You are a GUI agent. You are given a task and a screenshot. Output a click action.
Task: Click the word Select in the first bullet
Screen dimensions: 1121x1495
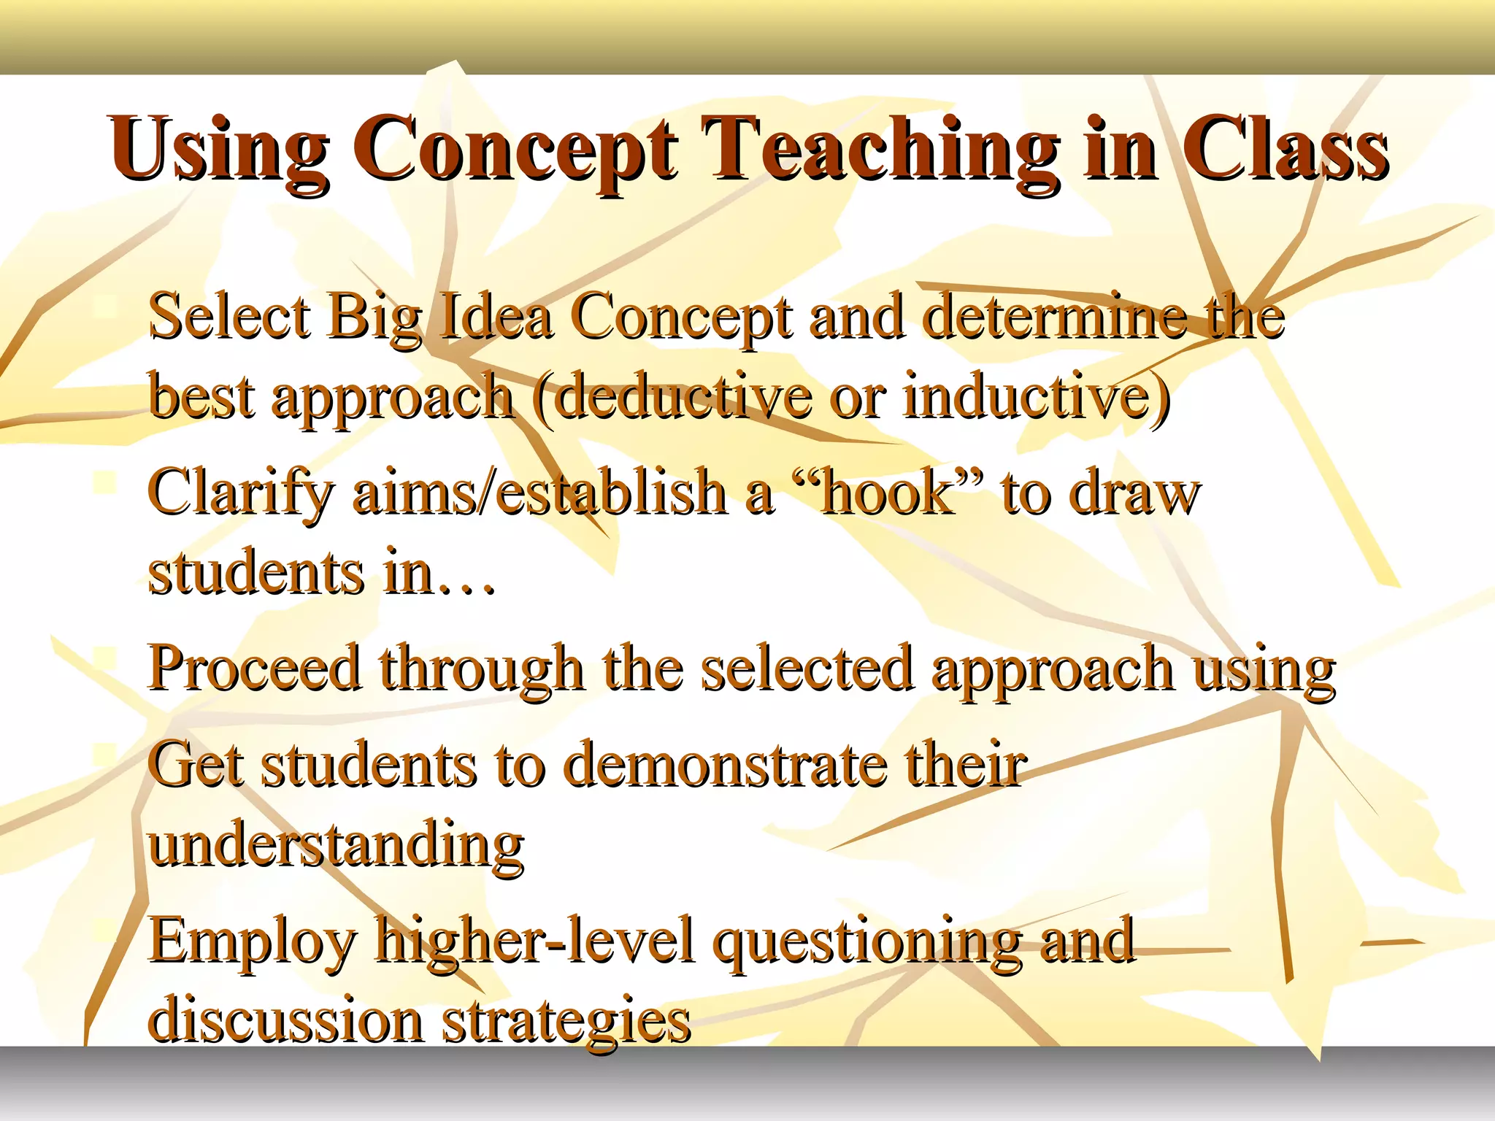(x=229, y=317)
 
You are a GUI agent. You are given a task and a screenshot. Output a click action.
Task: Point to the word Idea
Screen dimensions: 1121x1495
(x=496, y=317)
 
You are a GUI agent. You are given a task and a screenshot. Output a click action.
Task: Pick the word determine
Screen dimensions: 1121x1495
(x=1055, y=317)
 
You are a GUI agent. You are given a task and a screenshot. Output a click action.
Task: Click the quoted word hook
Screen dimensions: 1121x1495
(x=887, y=493)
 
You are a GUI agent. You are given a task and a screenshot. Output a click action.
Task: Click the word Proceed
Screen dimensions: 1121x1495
(x=255, y=668)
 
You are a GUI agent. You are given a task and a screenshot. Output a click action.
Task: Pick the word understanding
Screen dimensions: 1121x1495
(x=336, y=847)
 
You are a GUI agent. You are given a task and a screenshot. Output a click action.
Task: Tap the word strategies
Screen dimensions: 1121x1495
(x=566, y=1022)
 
